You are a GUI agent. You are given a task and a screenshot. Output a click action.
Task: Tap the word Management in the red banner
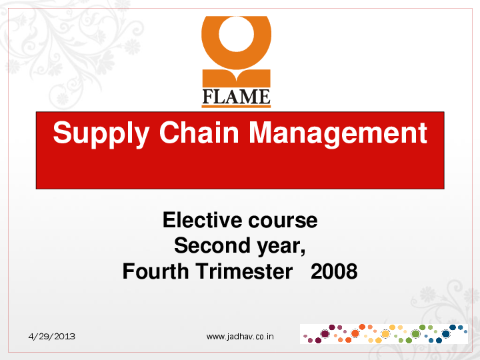pyautogui.click(x=337, y=133)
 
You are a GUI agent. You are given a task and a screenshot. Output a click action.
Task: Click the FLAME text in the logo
pyautogui.click(x=236, y=97)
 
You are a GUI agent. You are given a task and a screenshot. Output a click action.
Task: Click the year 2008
pyautogui.click(x=334, y=272)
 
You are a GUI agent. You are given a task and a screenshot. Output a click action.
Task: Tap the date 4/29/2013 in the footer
pyautogui.click(x=51, y=337)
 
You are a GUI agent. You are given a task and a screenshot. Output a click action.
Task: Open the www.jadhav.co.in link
pyautogui.click(x=240, y=337)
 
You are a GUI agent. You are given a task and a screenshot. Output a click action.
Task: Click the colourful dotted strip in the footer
pyautogui.click(x=383, y=333)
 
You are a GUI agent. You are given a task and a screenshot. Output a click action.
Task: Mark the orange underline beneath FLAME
pyautogui.click(x=236, y=105)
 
